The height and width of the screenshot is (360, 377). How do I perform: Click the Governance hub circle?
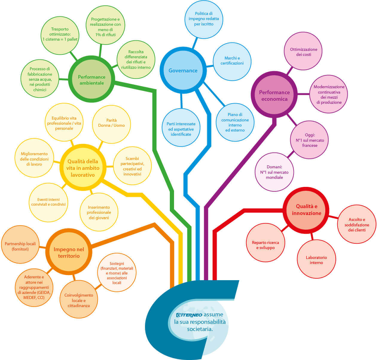coord(183,70)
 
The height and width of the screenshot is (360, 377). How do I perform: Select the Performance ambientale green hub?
coord(92,79)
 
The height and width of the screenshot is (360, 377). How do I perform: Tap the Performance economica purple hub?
coord(274,94)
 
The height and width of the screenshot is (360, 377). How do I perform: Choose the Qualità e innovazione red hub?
coord(306,210)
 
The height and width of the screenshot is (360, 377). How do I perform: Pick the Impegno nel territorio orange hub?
coord(69,251)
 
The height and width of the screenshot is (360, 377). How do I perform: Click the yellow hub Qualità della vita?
coord(83,167)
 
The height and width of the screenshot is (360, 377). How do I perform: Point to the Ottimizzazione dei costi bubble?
coord(303,51)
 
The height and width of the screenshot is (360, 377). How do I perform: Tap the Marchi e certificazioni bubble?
coord(232,62)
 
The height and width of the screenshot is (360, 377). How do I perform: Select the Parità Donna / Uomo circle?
coord(112,124)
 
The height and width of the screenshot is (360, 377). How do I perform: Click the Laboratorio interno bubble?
coord(316,259)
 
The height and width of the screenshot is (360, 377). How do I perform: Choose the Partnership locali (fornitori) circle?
coord(20,245)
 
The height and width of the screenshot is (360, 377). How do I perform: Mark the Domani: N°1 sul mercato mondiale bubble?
coord(274,172)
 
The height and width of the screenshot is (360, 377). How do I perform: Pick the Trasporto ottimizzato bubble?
coord(60,36)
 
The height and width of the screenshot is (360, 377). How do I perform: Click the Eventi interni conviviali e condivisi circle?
coord(48,202)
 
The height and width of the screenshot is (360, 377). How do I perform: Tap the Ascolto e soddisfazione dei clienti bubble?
coord(357,224)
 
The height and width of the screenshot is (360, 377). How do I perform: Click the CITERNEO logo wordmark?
coord(189,315)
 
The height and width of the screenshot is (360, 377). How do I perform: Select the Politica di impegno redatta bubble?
coord(204,19)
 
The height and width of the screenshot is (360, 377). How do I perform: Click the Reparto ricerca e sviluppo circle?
coord(265,242)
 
